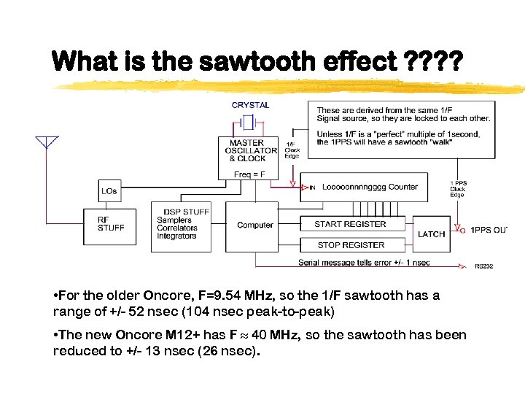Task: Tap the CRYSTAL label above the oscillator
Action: (x=250, y=105)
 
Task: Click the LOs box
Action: (x=109, y=191)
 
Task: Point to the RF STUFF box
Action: (x=111, y=223)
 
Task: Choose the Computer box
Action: (x=255, y=225)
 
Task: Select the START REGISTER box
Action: (x=350, y=225)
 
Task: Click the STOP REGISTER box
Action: (x=351, y=245)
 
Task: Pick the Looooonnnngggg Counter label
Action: (x=370, y=187)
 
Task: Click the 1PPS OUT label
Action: (x=488, y=231)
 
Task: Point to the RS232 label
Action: (x=484, y=266)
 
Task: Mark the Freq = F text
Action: (x=250, y=174)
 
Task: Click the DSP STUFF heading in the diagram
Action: (x=186, y=212)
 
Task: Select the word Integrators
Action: (x=176, y=236)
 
